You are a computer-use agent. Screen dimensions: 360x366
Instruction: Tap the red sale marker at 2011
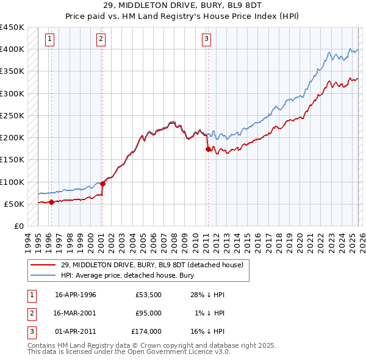pyautogui.click(x=208, y=149)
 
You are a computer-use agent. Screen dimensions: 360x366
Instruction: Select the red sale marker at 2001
pyautogui.click(x=102, y=184)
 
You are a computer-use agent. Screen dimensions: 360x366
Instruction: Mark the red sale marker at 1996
pyautogui.click(x=51, y=202)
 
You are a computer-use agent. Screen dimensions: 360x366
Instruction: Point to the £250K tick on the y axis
pyautogui.click(x=12, y=115)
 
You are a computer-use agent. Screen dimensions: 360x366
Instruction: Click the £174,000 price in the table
pyautogui.click(x=146, y=331)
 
